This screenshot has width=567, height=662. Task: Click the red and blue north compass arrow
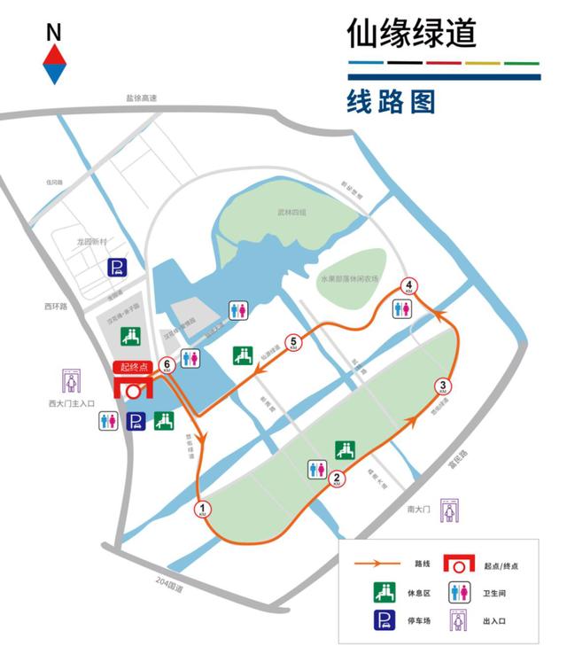pos(55,65)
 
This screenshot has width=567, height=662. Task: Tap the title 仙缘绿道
pos(412,33)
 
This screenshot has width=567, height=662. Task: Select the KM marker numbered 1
pos(203,510)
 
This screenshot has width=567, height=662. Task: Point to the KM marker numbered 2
pos(337,479)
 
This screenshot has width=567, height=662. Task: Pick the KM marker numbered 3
pos(444,386)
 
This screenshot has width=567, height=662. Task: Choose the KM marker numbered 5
pos(294,341)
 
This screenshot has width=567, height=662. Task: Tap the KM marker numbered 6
pos(167,364)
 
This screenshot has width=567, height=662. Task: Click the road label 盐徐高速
pos(141,98)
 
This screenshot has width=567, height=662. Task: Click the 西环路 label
pos(56,307)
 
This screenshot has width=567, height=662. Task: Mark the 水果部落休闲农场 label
pos(350,277)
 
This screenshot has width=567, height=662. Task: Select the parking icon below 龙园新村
pos(116,268)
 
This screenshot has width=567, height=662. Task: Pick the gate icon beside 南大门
pos(453,510)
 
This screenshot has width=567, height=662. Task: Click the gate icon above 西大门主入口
pos(70,381)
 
